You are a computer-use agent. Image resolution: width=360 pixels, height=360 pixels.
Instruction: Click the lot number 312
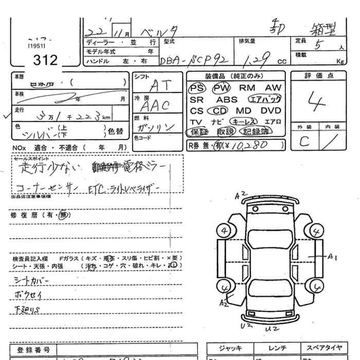click(x=45, y=60)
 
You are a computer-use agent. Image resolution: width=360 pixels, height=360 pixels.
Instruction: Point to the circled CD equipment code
click(x=219, y=111)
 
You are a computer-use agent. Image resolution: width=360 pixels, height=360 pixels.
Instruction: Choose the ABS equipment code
click(x=227, y=100)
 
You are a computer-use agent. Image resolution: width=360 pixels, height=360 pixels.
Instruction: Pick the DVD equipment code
click(x=271, y=111)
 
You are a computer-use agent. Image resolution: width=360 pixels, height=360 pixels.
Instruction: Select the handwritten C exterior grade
click(x=304, y=141)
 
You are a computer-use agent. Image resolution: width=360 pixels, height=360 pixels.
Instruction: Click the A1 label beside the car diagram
click(x=332, y=256)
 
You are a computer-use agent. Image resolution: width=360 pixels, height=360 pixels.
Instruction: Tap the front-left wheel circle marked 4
click(x=225, y=231)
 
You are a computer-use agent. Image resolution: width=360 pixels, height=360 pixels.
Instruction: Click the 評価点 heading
click(x=319, y=76)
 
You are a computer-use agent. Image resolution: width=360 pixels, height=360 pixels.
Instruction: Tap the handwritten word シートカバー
click(x=30, y=282)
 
